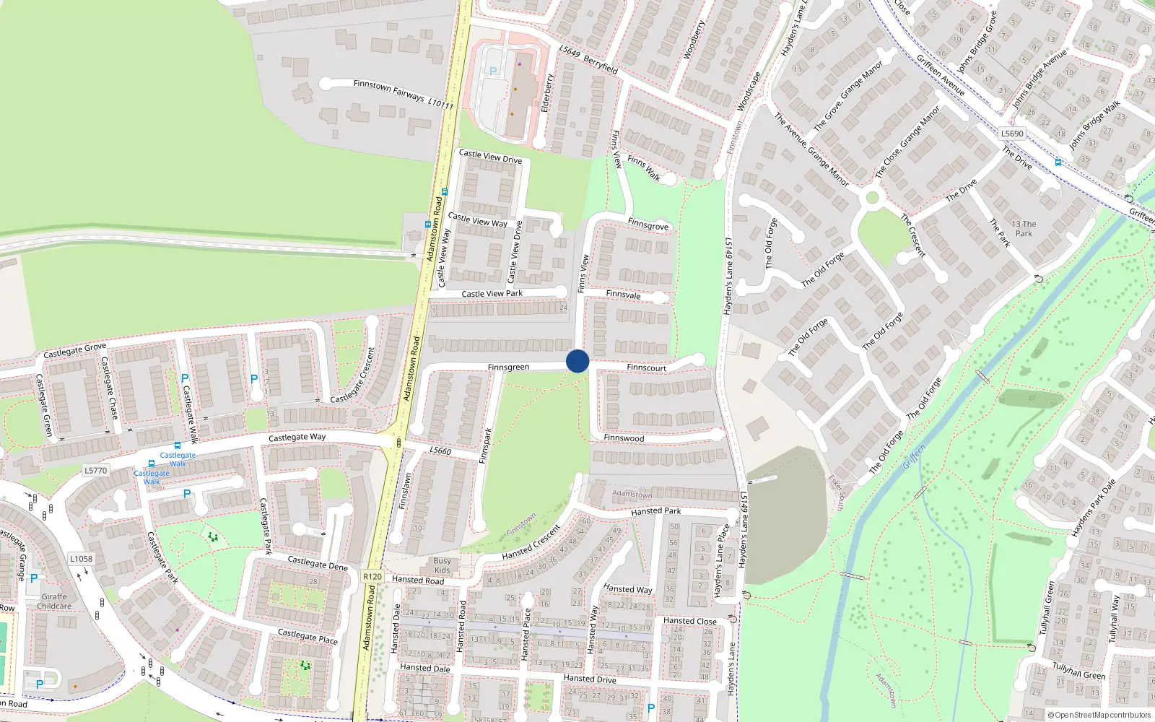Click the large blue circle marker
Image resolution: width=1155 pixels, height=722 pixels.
pyautogui.click(x=577, y=361)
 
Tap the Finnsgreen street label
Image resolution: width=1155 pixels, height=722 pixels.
pyautogui.click(x=508, y=367)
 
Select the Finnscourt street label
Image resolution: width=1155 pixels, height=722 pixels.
pyautogui.click(x=646, y=367)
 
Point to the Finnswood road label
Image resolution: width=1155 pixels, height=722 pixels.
pyautogui.click(x=624, y=438)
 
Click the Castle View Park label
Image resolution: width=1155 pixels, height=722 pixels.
pyautogui.click(x=492, y=294)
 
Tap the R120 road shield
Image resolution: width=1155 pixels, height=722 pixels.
pyautogui.click(x=372, y=576)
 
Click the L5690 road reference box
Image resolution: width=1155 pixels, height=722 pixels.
pyautogui.click(x=1012, y=134)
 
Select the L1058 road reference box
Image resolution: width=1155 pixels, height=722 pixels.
pyautogui.click(x=82, y=559)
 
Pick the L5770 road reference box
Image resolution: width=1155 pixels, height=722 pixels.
pyautogui.click(x=96, y=471)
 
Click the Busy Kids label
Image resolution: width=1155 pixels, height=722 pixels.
pyautogui.click(x=442, y=565)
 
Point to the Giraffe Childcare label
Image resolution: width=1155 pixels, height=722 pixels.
pyautogui.click(x=54, y=601)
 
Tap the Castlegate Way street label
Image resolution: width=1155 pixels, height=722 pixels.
pyautogui.click(x=297, y=438)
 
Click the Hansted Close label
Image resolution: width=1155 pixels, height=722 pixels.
pyautogui.click(x=690, y=621)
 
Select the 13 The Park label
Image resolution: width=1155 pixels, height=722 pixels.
pyautogui.click(x=1024, y=229)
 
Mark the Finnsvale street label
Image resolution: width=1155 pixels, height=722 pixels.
pyautogui.click(x=623, y=295)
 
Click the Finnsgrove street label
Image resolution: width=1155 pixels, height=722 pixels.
pyautogui.click(x=648, y=225)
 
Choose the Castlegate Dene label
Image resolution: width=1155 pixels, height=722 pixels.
pyautogui.click(x=318, y=562)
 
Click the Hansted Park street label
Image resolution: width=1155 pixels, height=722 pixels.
pyautogui.click(x=655, y=511)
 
